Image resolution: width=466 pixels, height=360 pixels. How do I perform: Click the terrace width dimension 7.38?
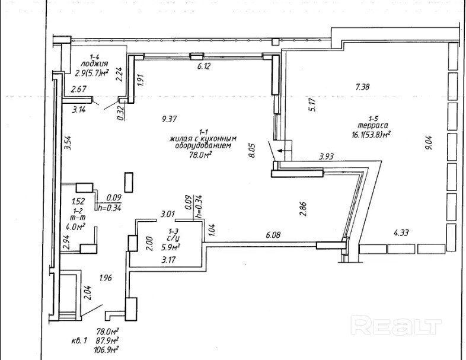(x=362, y=87)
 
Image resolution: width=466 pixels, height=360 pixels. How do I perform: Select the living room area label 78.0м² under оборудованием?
(x=202, y=154)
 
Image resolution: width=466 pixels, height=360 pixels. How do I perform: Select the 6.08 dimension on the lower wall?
(x=273, y=235)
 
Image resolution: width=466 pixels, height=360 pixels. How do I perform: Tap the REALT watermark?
(x=397, y=325)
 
